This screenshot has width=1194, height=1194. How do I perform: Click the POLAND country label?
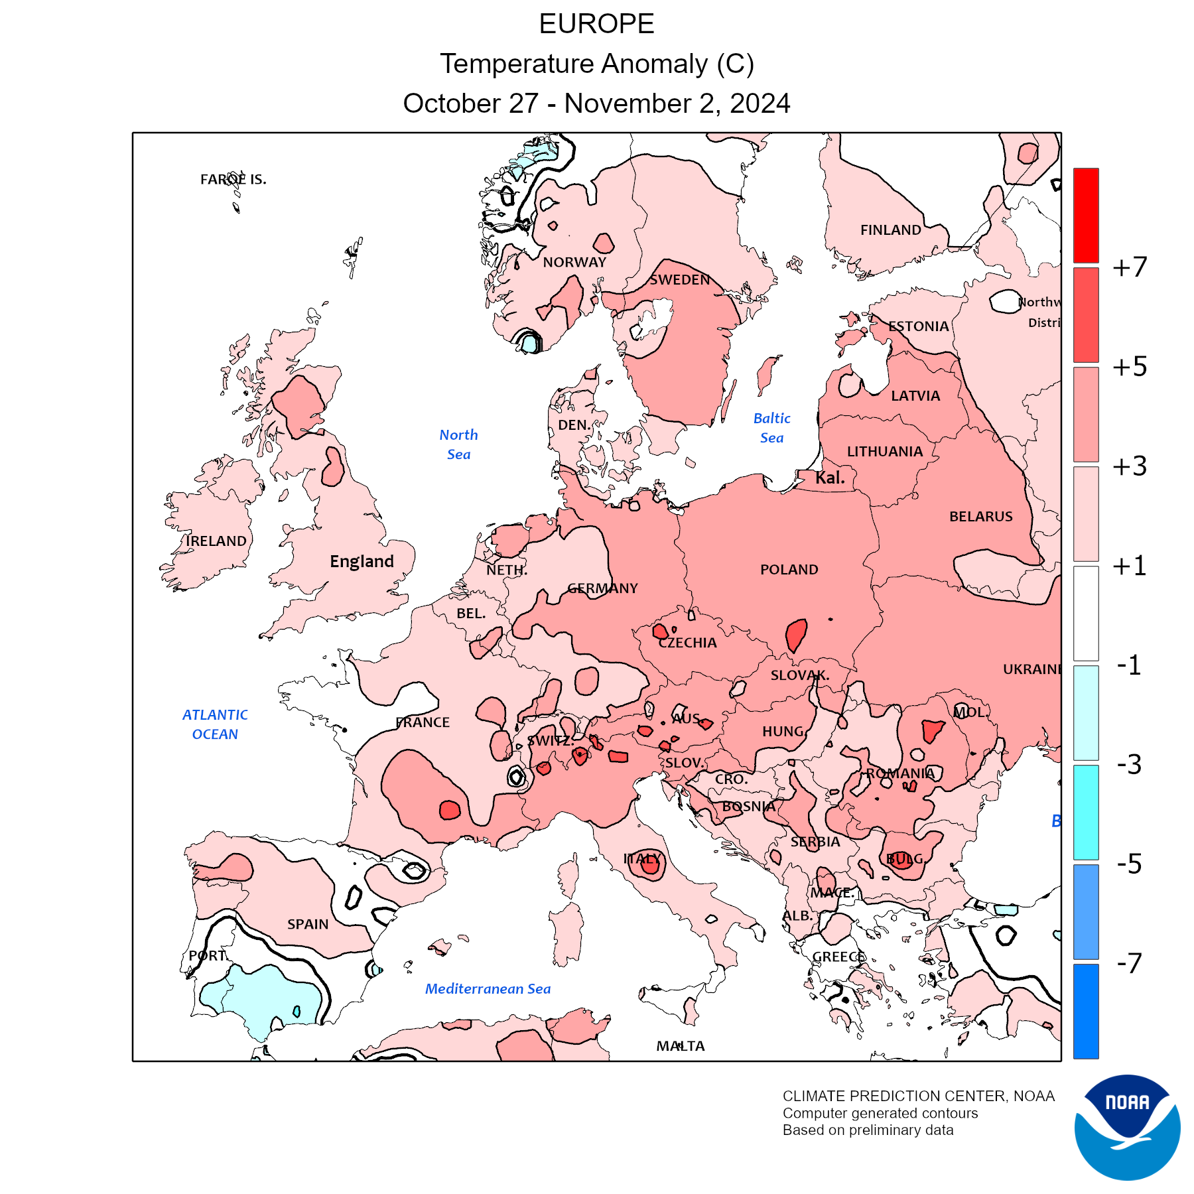pyautogui.click(x=789, y=569)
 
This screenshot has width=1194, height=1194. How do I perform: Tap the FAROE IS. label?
pyautogui.click(x=233, y=179)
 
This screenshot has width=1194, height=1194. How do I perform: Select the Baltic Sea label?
pyautogui.click(x=771, y=428)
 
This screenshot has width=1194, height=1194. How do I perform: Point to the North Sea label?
pyautogui.click(x=458, y=444)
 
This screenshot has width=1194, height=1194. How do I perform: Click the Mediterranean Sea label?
pyautogui.click(x=488, y=988)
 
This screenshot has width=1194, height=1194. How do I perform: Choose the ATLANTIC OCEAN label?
pyautogui.click(x=215, y=724)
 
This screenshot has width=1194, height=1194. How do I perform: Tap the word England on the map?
pyautogui.click(x=362, y=561)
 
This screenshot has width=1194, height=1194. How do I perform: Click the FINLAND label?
pyautogui.click(x=890, y=230)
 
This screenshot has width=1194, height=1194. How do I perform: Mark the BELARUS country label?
pyautogui.click(x=980, y=516)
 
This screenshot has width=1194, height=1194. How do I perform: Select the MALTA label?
pyautogui.click(x=681, y=1046)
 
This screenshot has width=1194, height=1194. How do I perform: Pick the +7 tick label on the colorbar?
pyautogui.click(x=1130, y=267)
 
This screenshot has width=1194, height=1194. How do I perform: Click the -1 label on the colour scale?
pyautogui.click(x=1129, y=665)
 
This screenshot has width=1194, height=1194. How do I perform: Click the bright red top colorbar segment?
pyautogui.click(x=1086, y=216)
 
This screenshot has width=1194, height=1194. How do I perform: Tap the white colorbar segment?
pyautogui.click(x=1086, y=613)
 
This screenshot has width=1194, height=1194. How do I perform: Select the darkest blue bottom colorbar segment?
pyautogui.click(x=1086, y=1011)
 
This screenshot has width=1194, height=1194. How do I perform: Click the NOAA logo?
pyautogui.click(x=1127, y=1127)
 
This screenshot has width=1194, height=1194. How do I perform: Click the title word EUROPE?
pyautogui.click(x=596, y=24)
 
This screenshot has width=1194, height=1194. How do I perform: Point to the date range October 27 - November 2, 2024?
pyautogui.click(x=596, y=103)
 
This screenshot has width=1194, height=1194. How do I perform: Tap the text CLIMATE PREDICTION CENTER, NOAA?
pyautogui.click(x=918, y=1096)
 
